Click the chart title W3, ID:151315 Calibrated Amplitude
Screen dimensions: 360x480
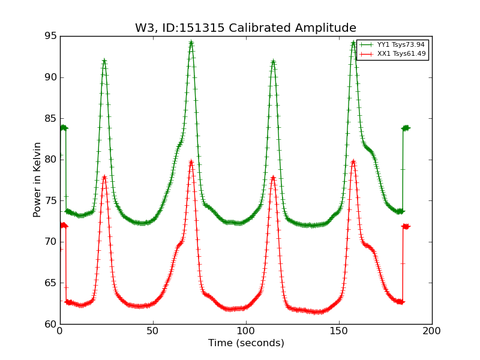(245, 28)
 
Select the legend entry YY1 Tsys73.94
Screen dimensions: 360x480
(401, 45)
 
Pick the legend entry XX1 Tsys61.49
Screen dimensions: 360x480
(401, 54)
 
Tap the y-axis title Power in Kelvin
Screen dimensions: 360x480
(37, 179)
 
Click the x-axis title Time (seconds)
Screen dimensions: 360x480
(246, 343)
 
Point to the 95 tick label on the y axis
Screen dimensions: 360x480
(50, 36)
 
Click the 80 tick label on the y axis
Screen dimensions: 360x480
(50, 160)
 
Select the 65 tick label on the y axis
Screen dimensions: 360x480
(50, 283)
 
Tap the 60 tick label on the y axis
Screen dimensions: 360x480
(50, 324)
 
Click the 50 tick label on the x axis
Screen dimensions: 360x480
(153, 331)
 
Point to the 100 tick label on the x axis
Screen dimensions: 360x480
(246, 331)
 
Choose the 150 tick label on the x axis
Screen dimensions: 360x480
(339, 331)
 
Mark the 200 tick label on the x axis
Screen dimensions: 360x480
(432, 331)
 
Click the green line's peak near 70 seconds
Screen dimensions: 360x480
(191, 42)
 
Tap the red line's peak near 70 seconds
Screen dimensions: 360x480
(191, 161)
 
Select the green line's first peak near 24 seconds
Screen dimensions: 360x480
(104, 61)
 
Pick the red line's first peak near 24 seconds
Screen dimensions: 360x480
(104, 177)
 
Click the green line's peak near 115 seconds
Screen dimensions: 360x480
(273, 61)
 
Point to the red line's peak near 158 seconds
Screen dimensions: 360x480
(353, 161)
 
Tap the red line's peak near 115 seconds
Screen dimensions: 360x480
(273, 177)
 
